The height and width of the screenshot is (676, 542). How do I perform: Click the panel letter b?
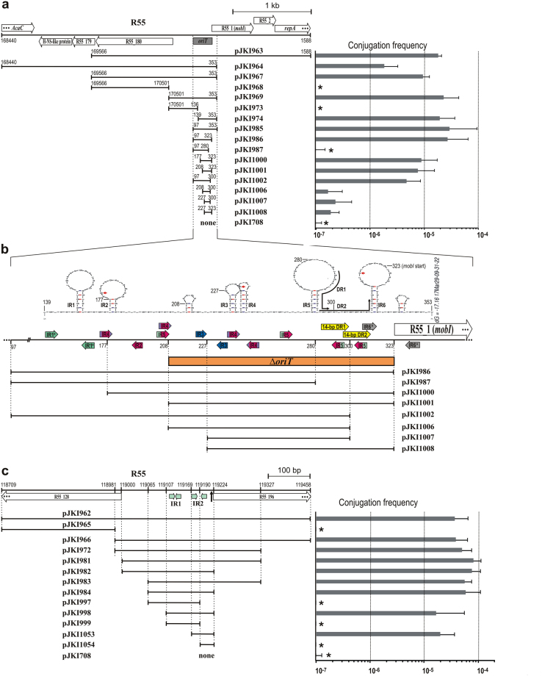point(5,250)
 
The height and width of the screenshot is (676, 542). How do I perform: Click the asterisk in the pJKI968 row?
point(320,87)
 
